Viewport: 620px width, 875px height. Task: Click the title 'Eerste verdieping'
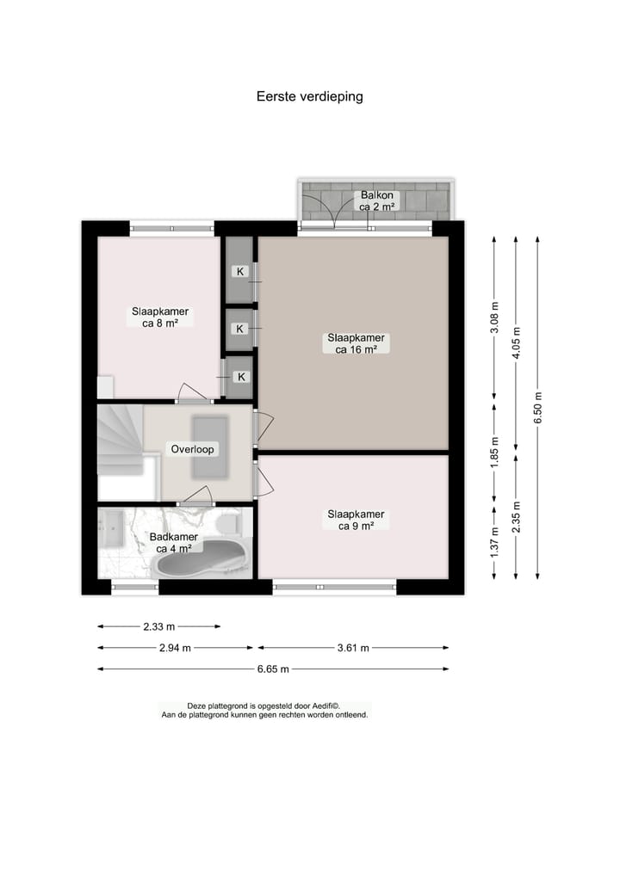pos(309,96)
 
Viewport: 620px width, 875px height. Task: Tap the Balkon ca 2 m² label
pos(376,201)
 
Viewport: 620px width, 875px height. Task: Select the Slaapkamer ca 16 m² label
pos(355,343)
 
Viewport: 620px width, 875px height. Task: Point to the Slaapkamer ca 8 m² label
pos(160,317)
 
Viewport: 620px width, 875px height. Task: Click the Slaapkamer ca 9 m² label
pos(355,521)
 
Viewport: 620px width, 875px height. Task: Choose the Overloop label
pos(193,449)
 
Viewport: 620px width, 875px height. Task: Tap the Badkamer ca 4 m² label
pos(174,543)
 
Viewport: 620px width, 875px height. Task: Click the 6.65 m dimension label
pos(271,669)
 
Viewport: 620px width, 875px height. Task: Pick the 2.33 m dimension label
pos(159,626)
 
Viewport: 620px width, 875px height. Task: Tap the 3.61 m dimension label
pos(353,648)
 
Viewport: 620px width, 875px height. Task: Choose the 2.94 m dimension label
pos(175,648)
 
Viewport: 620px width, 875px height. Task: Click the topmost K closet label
pos(240,272)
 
